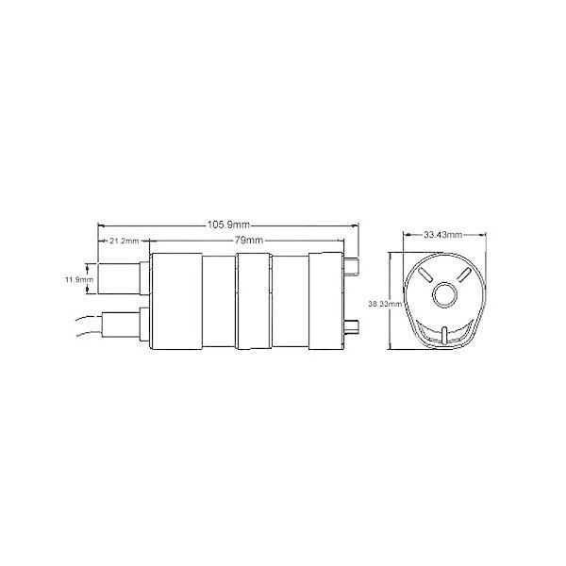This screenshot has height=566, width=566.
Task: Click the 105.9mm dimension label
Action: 227,225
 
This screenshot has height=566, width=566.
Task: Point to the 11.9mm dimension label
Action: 77,280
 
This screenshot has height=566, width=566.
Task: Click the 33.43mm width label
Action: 441,234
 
